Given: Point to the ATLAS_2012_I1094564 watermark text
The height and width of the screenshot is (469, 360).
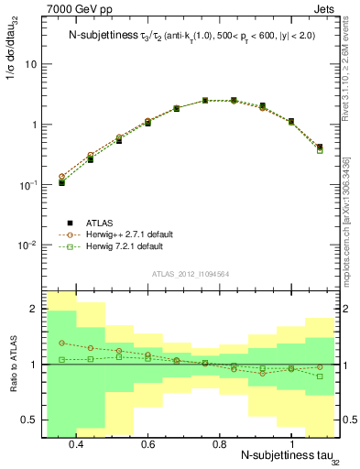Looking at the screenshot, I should coord(191,274).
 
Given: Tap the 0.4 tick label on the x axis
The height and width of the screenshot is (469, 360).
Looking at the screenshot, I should coord(76,444).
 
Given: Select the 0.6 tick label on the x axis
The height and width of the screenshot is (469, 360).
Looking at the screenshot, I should coord(148,444).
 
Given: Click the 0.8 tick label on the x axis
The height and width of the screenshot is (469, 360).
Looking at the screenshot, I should coord(220,444).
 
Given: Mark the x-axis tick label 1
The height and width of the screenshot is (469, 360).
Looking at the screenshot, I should coord(291,444).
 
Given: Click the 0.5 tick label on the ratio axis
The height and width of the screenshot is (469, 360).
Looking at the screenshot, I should coord(29,420).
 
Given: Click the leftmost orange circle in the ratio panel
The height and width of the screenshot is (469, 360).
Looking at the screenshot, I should coord(61,343).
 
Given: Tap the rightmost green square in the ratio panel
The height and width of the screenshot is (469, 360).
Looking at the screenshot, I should coord(320,376).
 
